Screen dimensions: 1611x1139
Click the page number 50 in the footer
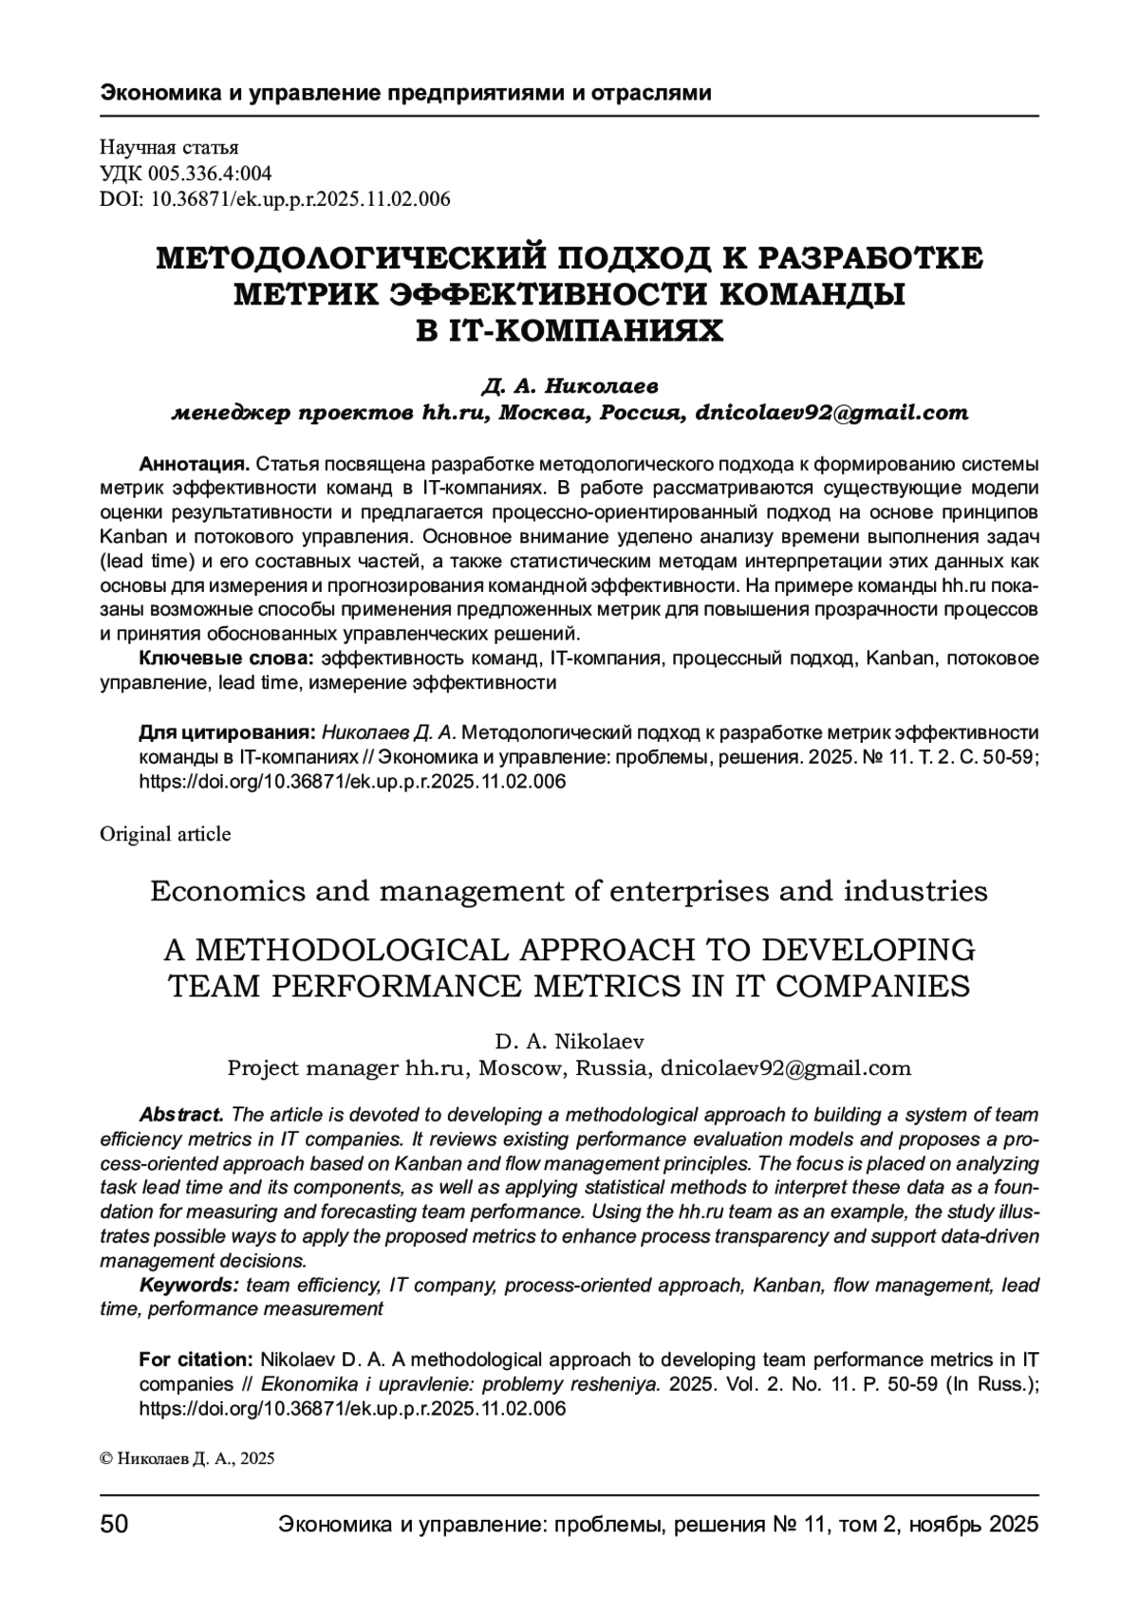tap(114, 1525)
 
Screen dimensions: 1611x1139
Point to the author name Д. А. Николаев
tap(569, 387)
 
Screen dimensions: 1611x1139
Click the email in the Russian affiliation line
tap(831, 414)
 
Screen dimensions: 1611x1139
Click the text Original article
tap(165, 834)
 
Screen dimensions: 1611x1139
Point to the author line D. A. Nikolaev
tap(569, 1042)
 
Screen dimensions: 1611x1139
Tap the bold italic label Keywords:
tap(189, 1286)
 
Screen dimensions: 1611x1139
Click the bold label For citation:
tap(196, 1360)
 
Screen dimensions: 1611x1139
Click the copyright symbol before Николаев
tap(105, 1460)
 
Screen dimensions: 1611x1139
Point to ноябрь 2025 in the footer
tap(973, 1525)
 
